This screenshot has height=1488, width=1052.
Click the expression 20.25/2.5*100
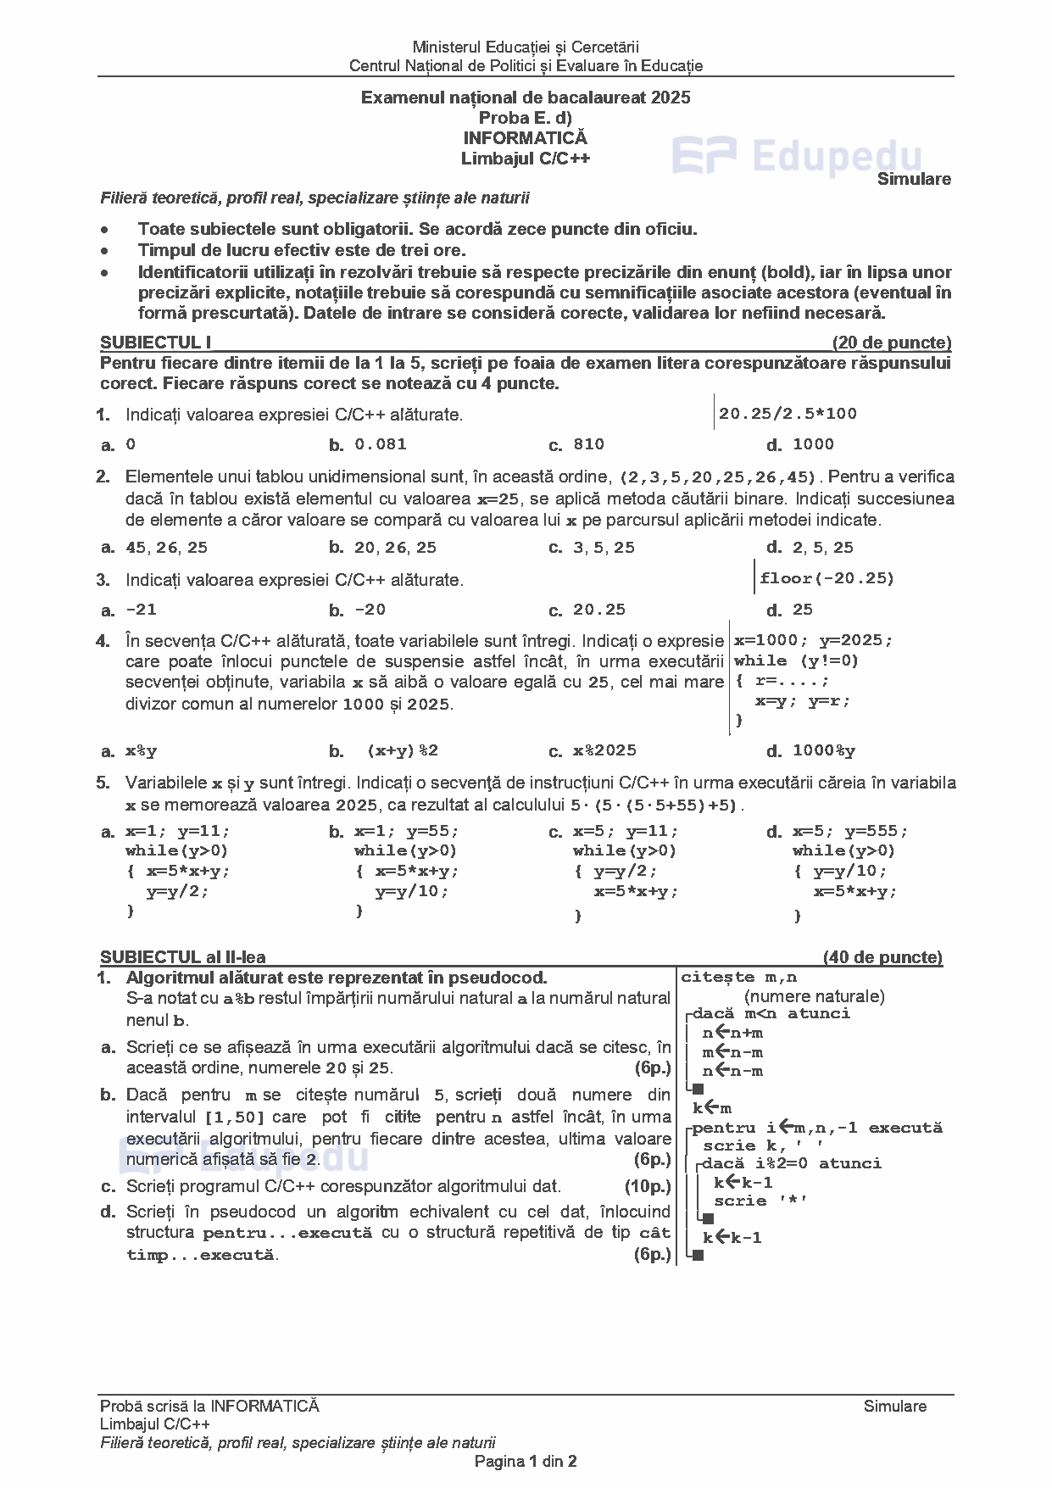[788, 414]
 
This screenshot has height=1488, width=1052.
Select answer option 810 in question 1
[588, 444]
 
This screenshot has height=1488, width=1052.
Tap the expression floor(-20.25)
[827, 578]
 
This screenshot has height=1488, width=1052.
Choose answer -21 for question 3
[141, 610]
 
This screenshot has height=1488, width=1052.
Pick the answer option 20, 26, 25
[395, 548]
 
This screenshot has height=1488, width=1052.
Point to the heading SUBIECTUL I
[155, 343]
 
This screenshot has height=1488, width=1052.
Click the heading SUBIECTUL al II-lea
[182, 957]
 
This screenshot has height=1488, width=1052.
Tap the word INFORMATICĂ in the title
[525, 137]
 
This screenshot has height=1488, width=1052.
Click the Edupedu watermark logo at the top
[797, 158]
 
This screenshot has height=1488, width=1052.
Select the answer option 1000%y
[824, 750]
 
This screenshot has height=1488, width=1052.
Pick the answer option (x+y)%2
[403, 750]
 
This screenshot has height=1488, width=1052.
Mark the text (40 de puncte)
[882, 957]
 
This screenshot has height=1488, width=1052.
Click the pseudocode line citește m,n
[738, 978]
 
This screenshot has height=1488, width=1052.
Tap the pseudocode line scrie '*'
[760, 1201]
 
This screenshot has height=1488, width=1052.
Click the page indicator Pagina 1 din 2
[526, 1461]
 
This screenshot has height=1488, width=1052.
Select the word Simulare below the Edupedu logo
[914, 179]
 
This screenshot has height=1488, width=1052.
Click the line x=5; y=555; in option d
[850, 831]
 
